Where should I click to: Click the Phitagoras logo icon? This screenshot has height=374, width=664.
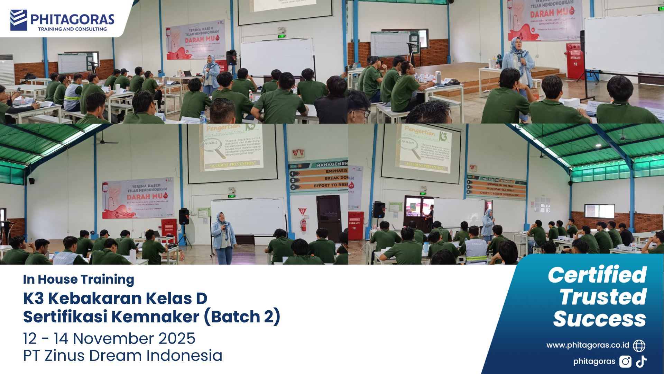19,20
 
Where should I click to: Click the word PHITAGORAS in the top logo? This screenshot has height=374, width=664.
72,19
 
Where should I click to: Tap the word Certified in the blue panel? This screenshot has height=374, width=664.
597,275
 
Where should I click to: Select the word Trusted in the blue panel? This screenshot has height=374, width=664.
603,297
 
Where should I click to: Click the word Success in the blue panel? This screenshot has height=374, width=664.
600,319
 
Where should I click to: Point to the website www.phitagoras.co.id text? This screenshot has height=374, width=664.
588,345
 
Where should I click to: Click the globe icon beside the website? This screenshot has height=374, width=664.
639,345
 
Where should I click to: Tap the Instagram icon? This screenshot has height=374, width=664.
625,362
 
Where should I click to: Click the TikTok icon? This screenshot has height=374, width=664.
641,362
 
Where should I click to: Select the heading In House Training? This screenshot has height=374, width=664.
79,279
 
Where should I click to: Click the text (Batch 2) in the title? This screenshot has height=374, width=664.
242,317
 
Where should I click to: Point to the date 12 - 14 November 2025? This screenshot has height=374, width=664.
109,338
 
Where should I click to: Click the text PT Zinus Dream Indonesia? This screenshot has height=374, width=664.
122,356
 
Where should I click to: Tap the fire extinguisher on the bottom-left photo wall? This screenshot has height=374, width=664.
303,225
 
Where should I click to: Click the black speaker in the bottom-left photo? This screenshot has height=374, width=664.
184,217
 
